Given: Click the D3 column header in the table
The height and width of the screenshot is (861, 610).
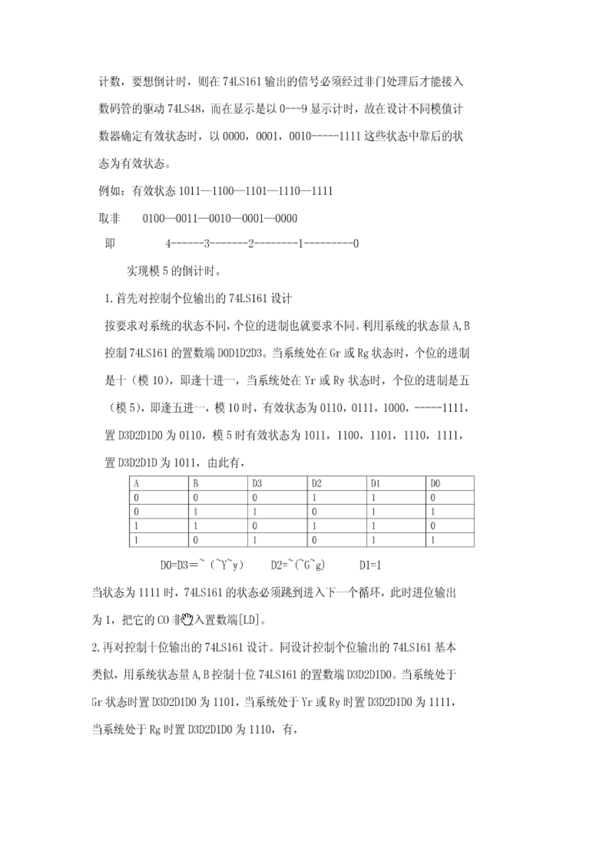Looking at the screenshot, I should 257,484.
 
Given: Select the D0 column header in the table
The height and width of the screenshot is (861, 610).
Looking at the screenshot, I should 436,484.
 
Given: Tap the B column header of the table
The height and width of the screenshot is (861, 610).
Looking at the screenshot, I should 196,484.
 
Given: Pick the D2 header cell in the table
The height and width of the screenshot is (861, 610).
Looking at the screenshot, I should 317,484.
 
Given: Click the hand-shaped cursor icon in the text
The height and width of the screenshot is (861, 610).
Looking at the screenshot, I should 187,620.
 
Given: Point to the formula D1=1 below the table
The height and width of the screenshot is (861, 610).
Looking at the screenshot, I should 370,565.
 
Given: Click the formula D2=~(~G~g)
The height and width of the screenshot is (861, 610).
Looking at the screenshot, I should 298,565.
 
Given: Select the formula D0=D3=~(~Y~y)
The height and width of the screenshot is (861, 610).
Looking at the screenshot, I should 202,565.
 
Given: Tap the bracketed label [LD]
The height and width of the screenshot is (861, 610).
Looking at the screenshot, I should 250,620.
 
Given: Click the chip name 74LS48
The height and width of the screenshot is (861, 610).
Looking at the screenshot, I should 184,109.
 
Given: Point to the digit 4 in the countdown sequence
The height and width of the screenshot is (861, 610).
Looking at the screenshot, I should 168,243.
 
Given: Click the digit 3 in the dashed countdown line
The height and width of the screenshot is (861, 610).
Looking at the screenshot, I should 207,243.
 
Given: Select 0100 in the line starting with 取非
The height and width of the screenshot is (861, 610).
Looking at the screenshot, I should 153,218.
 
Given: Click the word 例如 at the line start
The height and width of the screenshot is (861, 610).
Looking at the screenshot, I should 109,191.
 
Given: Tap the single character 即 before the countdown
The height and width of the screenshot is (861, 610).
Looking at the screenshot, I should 110,243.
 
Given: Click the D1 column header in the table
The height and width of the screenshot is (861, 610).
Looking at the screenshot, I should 376,484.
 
